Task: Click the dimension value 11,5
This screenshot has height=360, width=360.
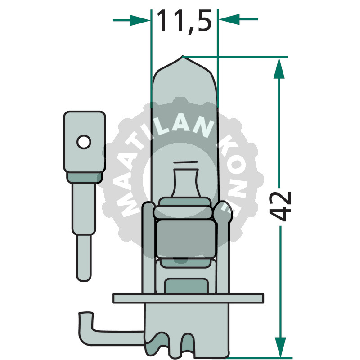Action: click(184, 21)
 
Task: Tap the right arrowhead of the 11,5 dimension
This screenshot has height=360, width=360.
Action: click(227, 20)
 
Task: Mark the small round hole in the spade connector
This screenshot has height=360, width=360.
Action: click(83, 143)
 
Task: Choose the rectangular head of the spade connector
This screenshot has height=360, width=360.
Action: click(85, 142)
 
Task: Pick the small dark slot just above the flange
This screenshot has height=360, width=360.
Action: click(185, 285)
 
